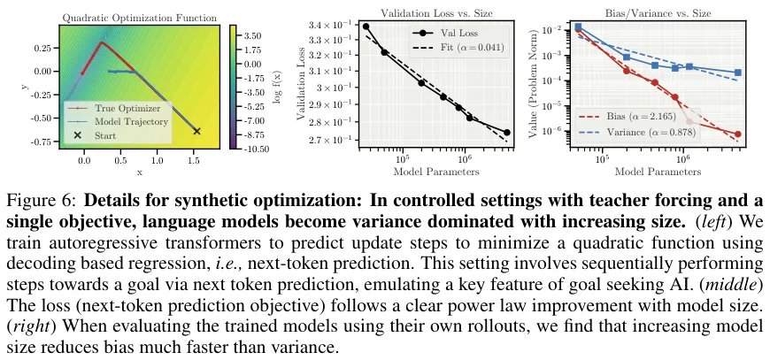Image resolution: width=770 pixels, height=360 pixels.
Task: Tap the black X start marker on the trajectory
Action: [x=196, y=131]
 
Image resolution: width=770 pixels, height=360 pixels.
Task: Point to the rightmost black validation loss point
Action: [x=506, y=133]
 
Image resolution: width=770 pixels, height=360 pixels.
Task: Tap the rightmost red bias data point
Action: [x=737, y=134]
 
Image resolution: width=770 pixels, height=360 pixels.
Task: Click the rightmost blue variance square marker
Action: [x=737, y=73]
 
